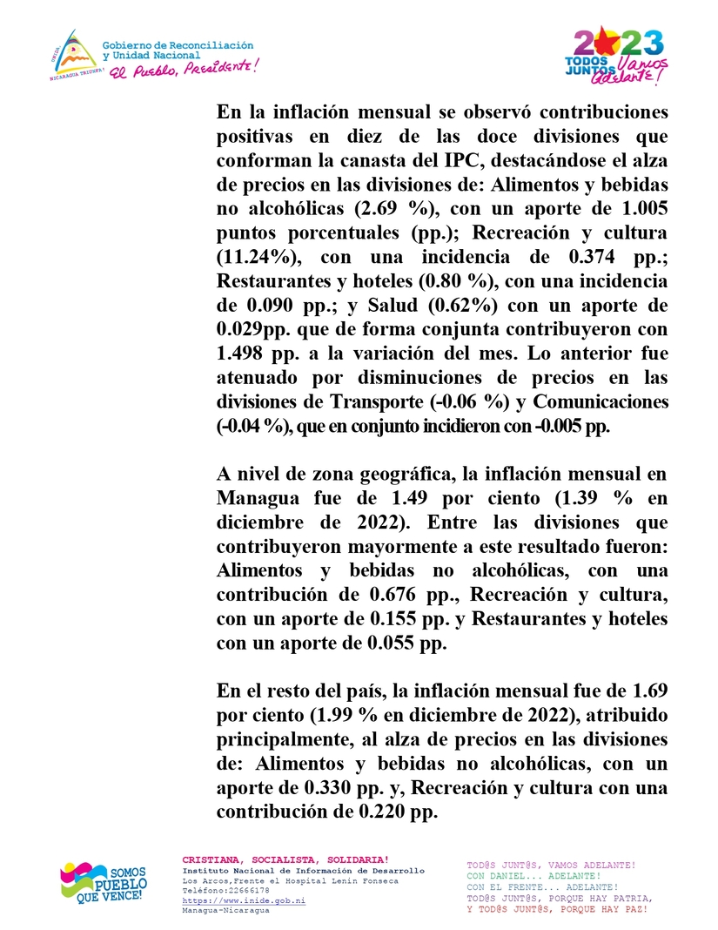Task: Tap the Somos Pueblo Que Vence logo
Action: (x=103, y=884)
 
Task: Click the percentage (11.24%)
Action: (x=259, y=257)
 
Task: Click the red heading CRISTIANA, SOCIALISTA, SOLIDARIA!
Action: (x=285, y=860)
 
